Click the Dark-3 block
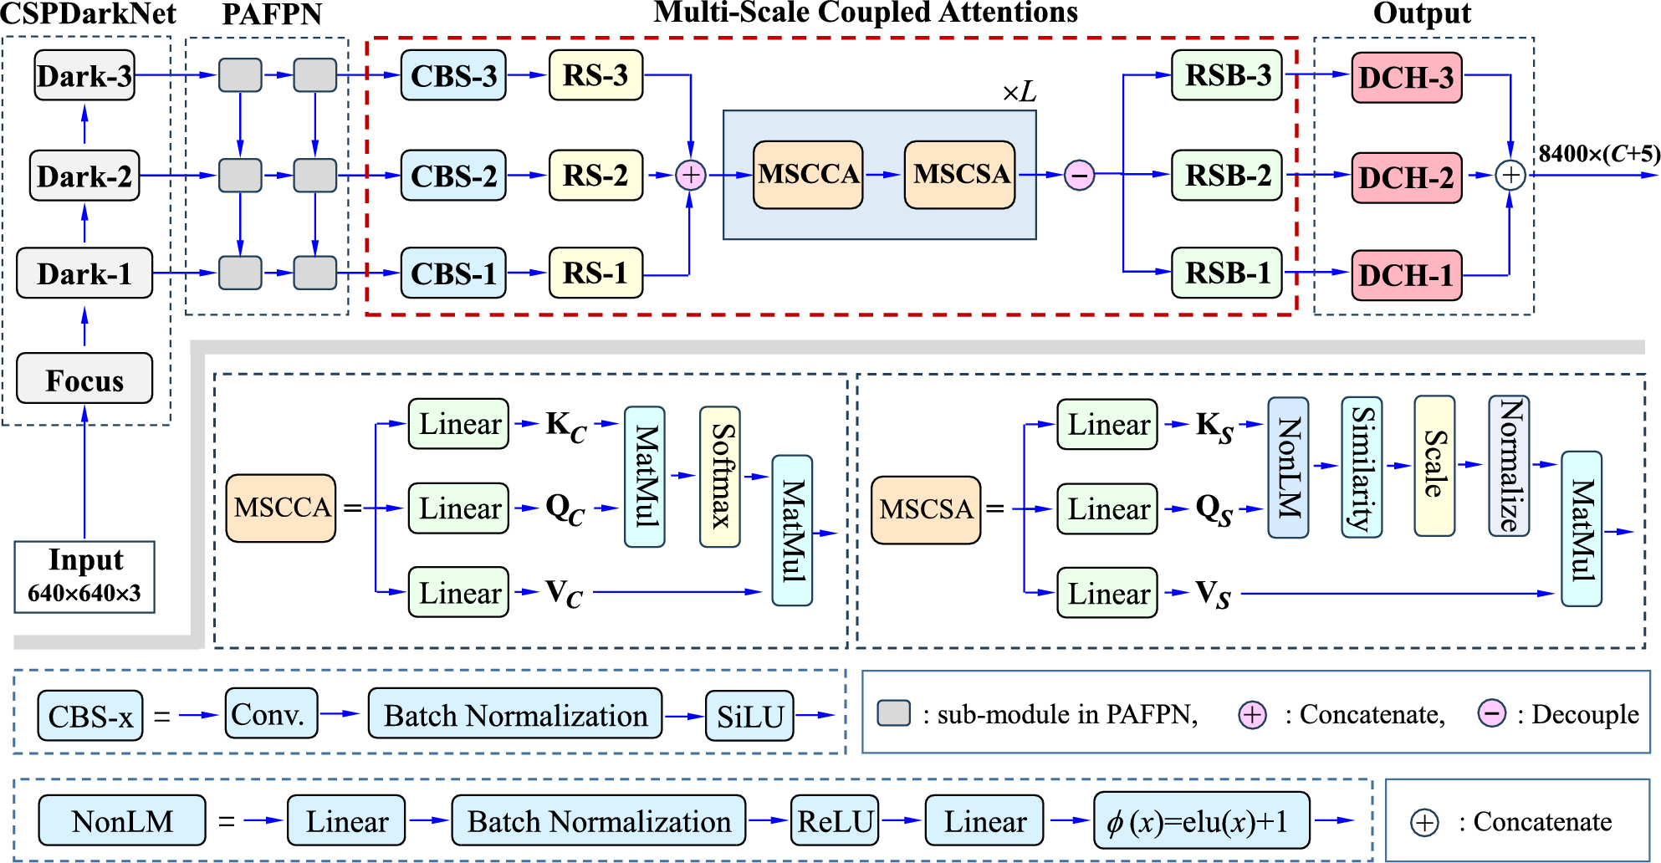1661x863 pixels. (x=84, y=75)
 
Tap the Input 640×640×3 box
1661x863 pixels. (x=84, y=576)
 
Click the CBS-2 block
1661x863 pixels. (x=453, y=176)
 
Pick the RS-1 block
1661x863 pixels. (x=595, y=273)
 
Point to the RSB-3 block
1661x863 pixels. (x=1227, y=75)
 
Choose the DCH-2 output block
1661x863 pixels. (x=1407, y=177)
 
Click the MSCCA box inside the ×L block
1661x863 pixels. (x=808, y=174)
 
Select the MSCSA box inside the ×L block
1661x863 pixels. (x=960, y=174)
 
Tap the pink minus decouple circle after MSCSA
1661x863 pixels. (x=1079, y=175)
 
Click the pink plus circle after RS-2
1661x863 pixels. (x=691, y=175)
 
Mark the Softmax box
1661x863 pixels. (x=720, y=477)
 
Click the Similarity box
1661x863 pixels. (x=1362, y=467)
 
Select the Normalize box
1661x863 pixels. (x=1509, y=466)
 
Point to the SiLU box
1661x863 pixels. (x=749, y=716)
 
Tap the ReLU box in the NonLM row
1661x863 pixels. (x=835, y=820)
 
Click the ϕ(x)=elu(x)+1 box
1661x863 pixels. (x=1202, y=820)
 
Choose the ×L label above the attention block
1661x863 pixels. (x=1019, y=91)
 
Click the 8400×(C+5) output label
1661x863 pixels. (x=1599, y=154)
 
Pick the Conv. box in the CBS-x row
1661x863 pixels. (x=271, y=713)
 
